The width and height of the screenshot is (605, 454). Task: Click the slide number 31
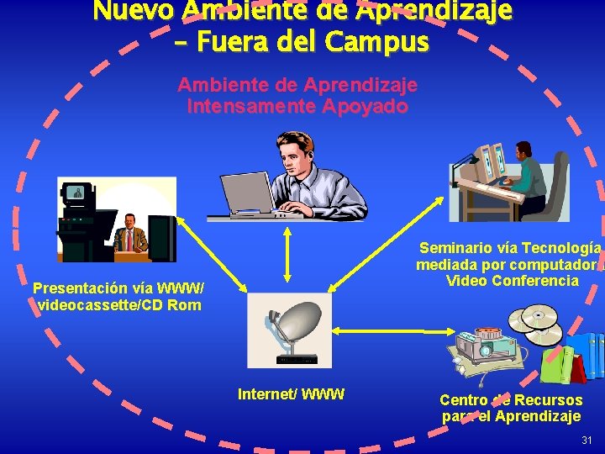point(586,441)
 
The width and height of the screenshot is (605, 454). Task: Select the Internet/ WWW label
point(291,393)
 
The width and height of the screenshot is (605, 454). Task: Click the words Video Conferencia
point(513,280)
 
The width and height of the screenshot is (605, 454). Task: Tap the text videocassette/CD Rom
point(119,304)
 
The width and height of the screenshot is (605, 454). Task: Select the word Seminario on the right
point(457,247)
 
